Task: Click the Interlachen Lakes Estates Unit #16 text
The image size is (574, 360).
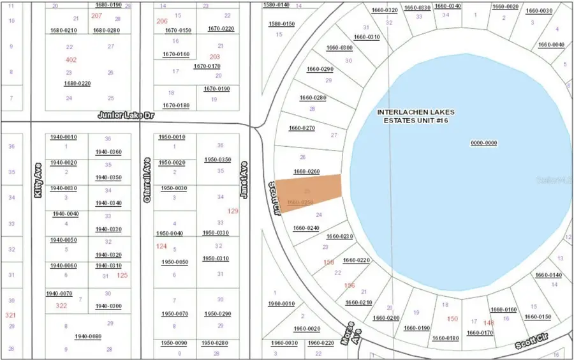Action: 415,116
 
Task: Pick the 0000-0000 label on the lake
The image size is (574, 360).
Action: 483,143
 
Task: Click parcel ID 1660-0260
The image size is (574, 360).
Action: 306,172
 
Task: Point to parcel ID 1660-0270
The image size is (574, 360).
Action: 302,128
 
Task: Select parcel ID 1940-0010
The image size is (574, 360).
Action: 64,137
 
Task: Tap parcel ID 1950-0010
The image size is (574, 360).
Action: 173,137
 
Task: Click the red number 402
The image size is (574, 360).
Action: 71,59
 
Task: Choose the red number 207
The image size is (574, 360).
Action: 97,15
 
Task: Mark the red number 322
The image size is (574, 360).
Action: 61,306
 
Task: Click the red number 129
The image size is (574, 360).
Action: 233,211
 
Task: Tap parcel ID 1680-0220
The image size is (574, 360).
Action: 77,84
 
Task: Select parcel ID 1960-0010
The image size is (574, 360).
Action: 281,304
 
